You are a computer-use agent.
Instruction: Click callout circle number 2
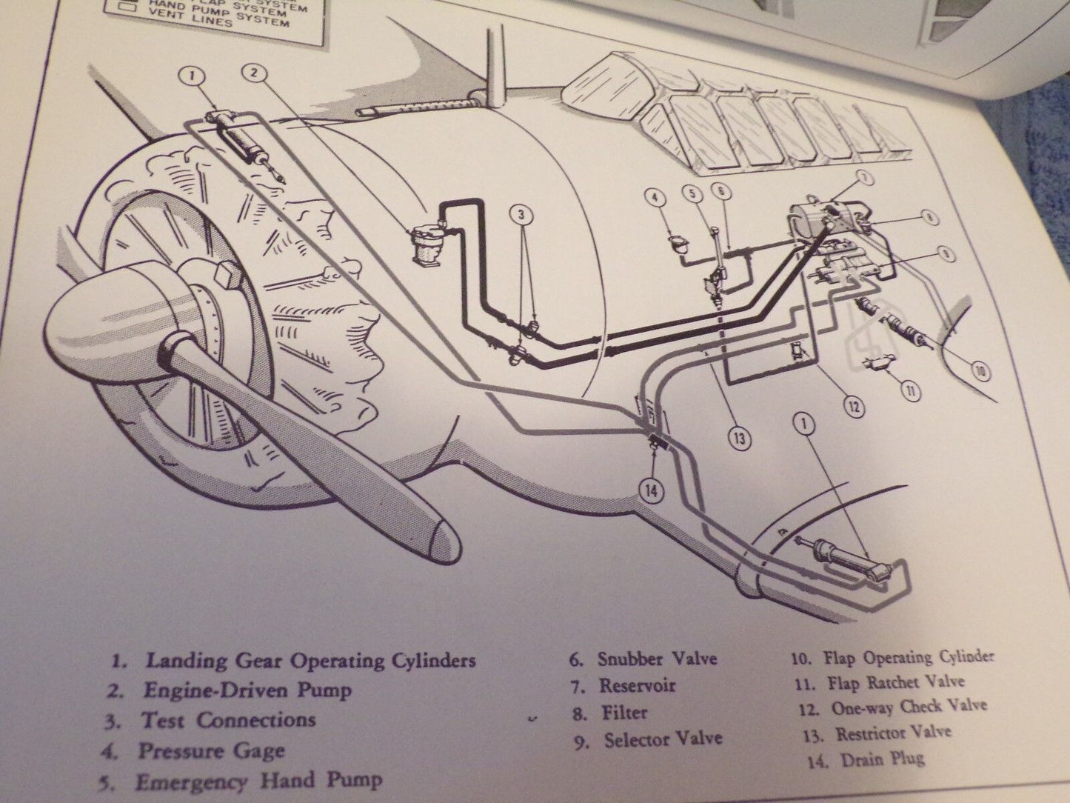click(x=254, y=73)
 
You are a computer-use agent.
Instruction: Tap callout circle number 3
click(x=521, y=216)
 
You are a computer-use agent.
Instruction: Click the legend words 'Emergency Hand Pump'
click(x=259, y=780)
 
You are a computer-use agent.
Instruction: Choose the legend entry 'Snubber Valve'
click(x=657, y=658)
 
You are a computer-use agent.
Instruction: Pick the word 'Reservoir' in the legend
click(x=637, y=685)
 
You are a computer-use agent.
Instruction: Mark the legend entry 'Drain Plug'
click(x=882, y=759)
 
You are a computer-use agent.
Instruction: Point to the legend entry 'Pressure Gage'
click(x=211, y=750)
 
